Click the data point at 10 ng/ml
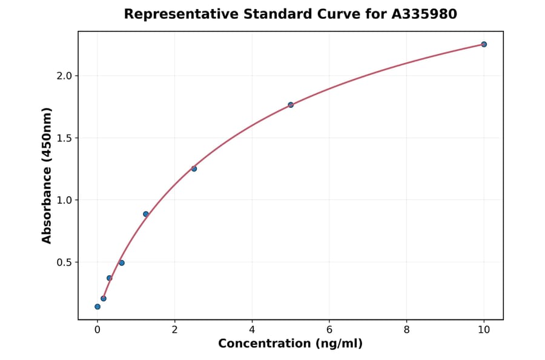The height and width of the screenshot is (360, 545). point(484,44)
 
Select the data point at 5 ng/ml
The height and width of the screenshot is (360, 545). point(291,105)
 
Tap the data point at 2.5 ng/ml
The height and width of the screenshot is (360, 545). point(194,168)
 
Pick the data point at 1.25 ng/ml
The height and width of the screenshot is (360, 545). point(146,214)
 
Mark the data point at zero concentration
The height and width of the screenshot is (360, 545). point(97,307)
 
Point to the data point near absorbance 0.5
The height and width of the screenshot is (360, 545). point(122,263)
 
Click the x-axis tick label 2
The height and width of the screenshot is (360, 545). point(174,330)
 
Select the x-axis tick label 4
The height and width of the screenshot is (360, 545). point(252,330)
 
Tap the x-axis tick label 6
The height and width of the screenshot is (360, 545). point(329,330)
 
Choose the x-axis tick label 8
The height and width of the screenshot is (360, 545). point(406,330)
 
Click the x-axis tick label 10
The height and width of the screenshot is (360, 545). point(484,330)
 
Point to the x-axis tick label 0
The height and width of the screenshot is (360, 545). point(97,330)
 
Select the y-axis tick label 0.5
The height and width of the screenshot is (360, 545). point(64,262)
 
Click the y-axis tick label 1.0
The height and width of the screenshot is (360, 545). point(64,200)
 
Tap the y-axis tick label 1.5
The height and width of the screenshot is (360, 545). point(64,138)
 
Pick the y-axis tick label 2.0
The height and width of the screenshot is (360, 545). point(64,76)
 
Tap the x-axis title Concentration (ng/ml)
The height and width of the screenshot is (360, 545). point(291,344)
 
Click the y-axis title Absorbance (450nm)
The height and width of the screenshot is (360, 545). point(47,176)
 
